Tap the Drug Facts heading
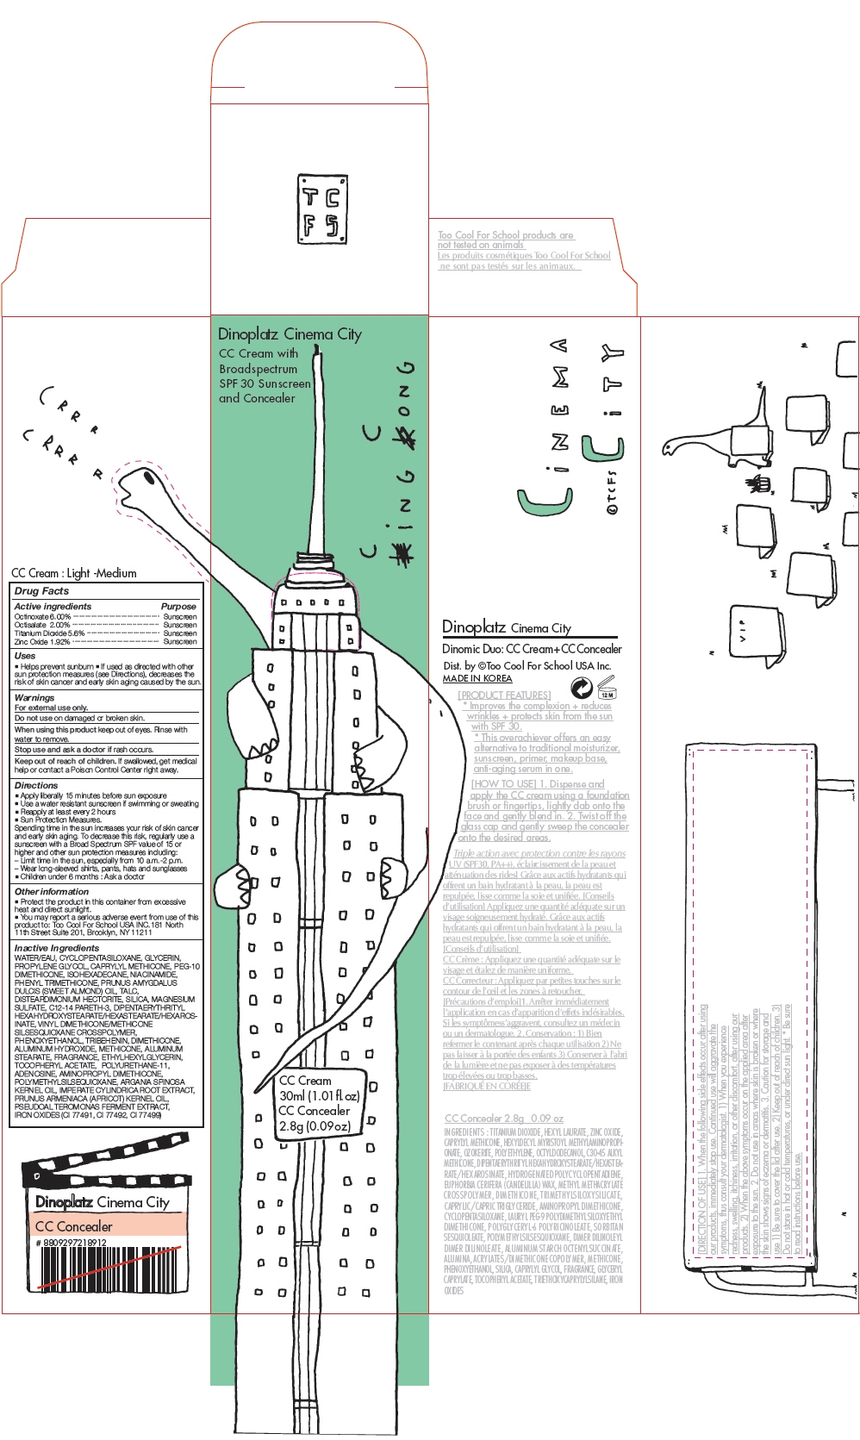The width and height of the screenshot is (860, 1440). (41, 591)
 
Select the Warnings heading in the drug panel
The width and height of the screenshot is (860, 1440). (34, 697)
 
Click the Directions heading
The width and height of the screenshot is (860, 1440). (36, 785)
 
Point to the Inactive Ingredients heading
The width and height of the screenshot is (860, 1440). (57, 948)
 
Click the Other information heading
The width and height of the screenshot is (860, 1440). (52, 891)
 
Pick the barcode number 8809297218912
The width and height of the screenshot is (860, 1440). (72, 1243)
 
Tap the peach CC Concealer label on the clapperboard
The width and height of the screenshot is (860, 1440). (74, 1225)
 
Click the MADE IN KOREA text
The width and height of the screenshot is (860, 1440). (477, 678)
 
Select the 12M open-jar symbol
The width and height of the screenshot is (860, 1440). (607, 689)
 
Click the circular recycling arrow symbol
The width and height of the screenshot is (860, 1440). (582, 688)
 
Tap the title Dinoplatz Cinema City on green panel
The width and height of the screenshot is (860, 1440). (290, 334)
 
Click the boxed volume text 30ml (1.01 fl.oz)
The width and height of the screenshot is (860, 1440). (319, 1095)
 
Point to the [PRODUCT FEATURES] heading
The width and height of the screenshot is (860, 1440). (504, 695)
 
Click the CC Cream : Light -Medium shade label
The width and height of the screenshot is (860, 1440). (74, 573)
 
